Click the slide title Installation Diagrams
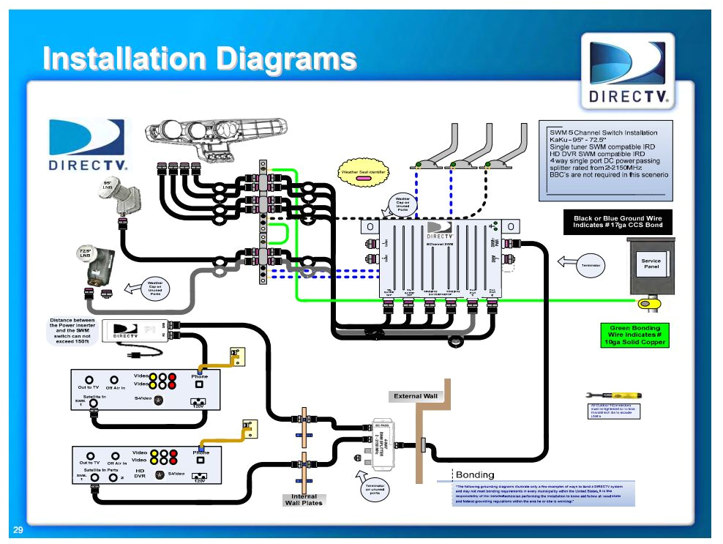(x=199, y=58)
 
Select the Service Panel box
(x=651, y=264)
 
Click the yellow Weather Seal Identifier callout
(x=363, y=174)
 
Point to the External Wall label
(x=415, y=396)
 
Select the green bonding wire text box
(x=634, y=335)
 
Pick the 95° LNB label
(x=107, y=185)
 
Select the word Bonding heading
(x=474, y=474)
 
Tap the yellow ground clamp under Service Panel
(x=648, y=302)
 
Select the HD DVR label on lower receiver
(x=140, y=472)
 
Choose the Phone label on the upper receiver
(x=200, y=376)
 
